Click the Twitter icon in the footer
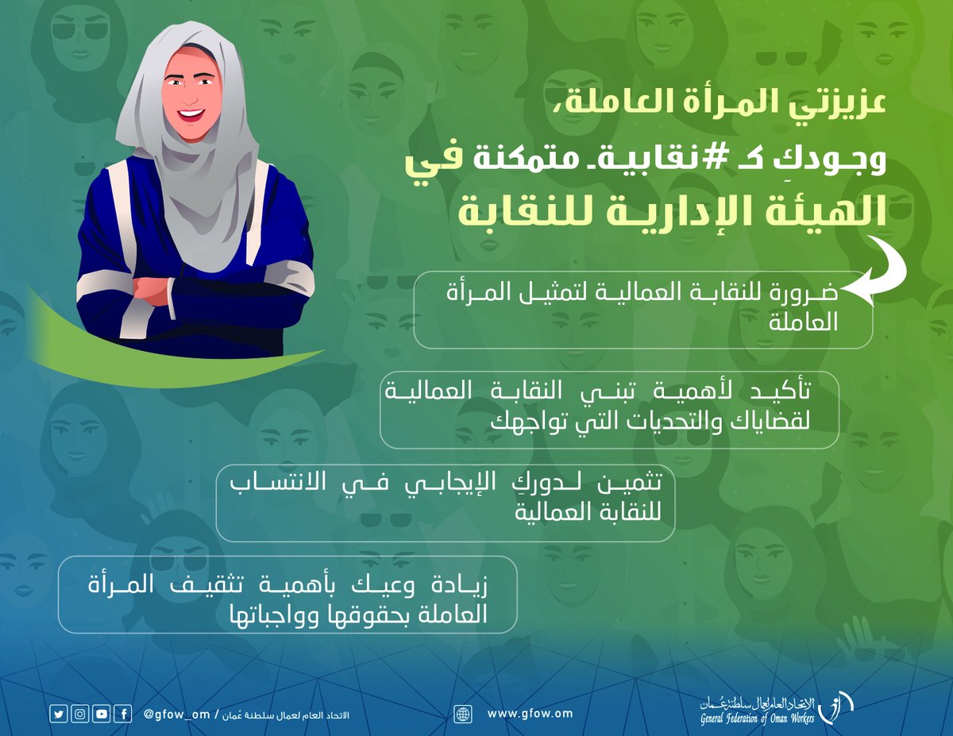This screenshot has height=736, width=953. coord(59,714)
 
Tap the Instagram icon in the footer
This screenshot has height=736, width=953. coord(79,714)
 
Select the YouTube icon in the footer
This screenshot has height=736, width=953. coord(101,714)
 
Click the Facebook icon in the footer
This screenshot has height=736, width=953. coord(122,714)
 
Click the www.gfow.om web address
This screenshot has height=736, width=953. coord(530,714)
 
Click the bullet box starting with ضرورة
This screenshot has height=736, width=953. coord(643,310)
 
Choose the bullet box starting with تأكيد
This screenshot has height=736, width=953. coord(609,410)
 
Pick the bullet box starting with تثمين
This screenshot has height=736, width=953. coord(445,502)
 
